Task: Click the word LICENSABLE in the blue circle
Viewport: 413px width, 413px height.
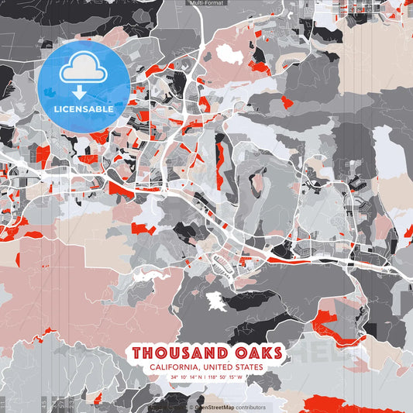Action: (x=84, y=109)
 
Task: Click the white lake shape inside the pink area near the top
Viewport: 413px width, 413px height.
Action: (x=229, y=53)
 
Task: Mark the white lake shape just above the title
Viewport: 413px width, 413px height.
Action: (x=216, y=302)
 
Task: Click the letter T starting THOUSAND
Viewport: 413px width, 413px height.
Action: (x=137, y=353)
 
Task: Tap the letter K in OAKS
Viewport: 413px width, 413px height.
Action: (x=264, y=353)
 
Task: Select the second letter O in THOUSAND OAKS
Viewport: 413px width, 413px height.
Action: (x=239, y=353)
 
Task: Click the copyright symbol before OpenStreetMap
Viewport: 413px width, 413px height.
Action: (x=191, y=407)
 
